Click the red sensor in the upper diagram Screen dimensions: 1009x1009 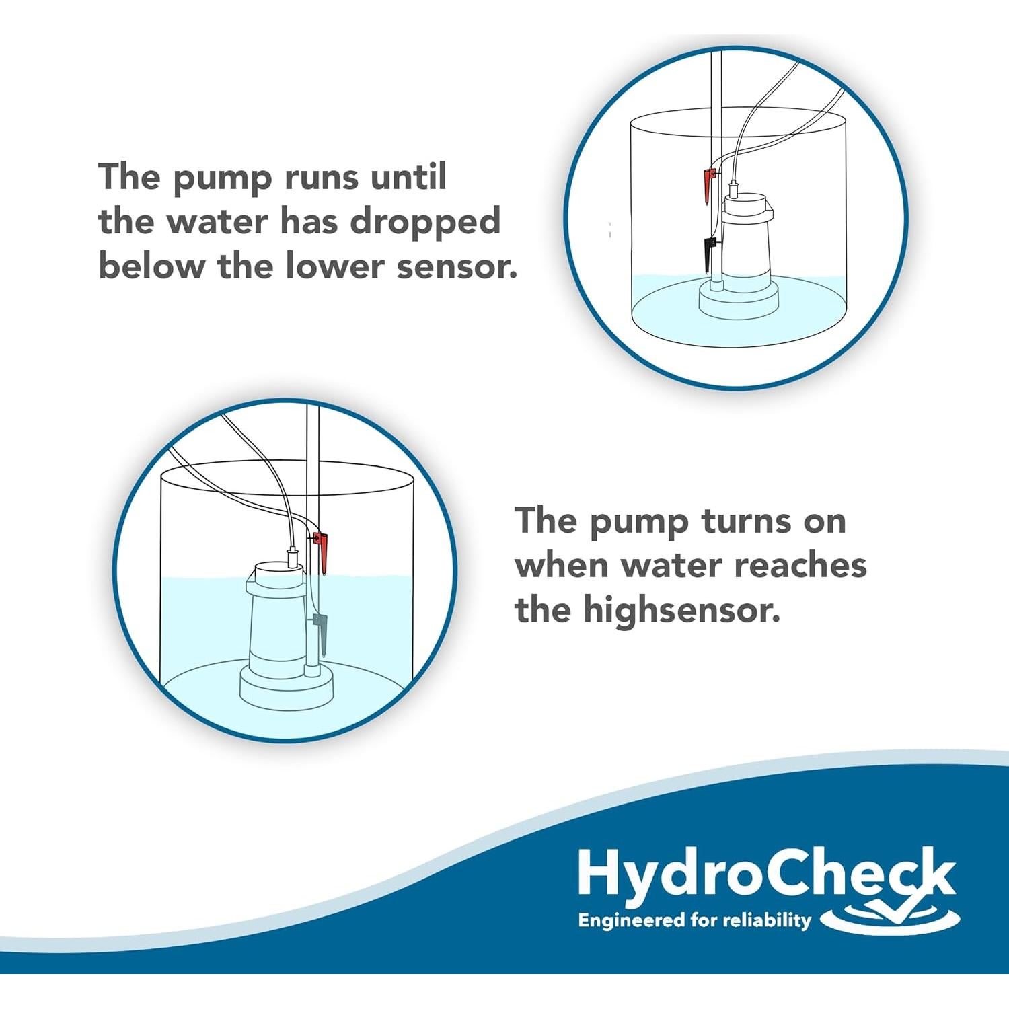708,185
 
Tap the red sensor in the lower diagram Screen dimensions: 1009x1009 322,549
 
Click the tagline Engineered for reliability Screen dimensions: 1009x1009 694,920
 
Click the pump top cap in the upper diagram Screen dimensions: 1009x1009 745,202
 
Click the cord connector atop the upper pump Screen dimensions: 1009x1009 734,188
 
